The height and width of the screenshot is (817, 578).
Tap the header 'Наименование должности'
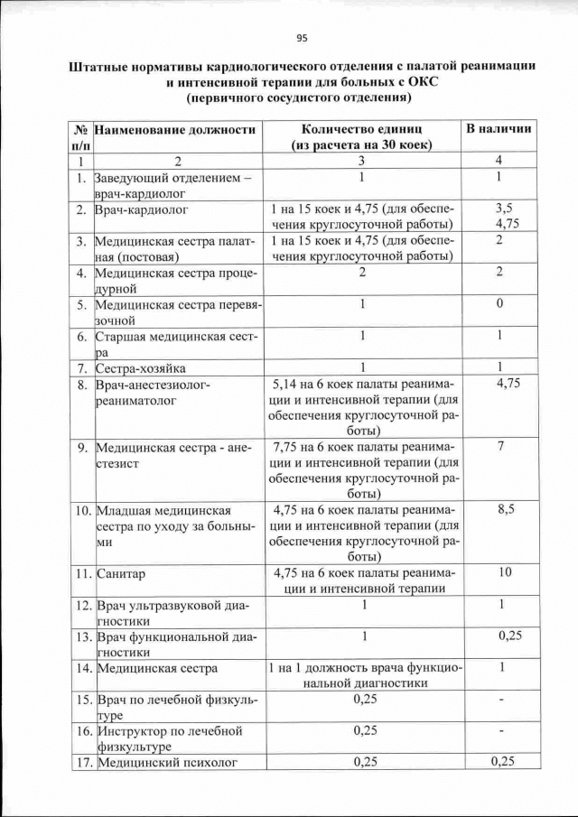coord(175,129)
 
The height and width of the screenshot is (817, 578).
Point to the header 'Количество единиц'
coord(361,129)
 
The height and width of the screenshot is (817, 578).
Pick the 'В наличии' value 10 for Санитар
coord(506,572)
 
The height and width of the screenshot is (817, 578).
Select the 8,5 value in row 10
coord(506,509)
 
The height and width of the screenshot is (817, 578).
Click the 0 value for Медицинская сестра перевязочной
coord(499,303)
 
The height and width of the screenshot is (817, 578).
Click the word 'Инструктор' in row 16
coord(135,730)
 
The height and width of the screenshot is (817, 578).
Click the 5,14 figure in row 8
coord(289,384)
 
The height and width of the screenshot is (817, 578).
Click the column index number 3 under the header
coord(361,161)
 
